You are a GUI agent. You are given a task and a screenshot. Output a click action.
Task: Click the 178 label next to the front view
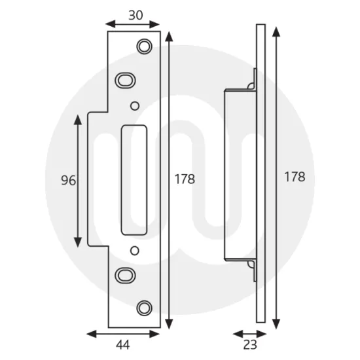(x=185, y=179)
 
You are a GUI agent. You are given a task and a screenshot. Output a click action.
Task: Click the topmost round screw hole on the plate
(x=143, y=46)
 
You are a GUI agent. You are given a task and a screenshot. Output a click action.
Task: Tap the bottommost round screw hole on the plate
(x=143, y=307)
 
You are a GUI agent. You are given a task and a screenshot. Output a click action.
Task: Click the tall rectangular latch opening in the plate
(x=135, y=177)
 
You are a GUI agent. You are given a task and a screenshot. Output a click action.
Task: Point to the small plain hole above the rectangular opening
(x=135, y=105)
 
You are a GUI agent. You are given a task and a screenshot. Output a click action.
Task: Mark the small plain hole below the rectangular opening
(x=135, y=249)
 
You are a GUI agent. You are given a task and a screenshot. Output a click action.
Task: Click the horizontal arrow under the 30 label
(x=133, y=24)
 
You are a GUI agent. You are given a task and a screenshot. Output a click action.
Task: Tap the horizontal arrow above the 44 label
(x=124, y=332)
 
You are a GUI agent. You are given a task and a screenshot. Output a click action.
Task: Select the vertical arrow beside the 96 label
(x=79, y=179)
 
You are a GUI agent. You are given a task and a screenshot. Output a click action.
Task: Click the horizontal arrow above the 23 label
(x=248, y=332)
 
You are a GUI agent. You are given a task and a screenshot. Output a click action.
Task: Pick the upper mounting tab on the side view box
(x=251, y=85)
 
